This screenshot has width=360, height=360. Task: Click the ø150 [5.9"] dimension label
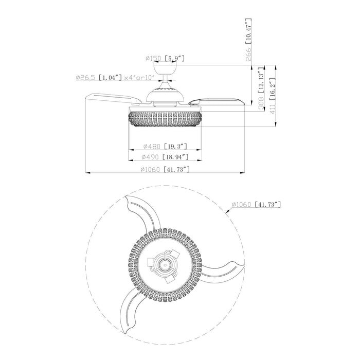pos(165,59)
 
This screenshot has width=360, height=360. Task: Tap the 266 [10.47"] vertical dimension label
pos(248,40)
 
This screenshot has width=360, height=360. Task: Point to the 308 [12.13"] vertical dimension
pos(261,89)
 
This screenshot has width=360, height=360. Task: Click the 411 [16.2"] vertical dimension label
pos(272,96)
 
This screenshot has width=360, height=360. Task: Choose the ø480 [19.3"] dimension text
pos(165,146)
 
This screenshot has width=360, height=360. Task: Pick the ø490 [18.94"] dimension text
pos(165,157)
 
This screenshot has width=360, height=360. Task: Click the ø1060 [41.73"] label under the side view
pos(165,169)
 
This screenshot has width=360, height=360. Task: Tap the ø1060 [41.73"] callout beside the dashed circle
pos(256,204)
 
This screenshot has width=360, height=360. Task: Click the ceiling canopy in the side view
pos(165,69)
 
